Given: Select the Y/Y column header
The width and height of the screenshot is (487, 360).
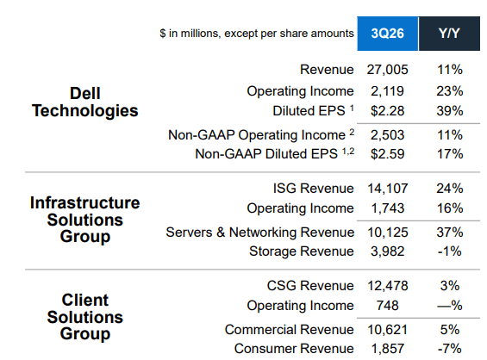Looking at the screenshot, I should pos(448,34).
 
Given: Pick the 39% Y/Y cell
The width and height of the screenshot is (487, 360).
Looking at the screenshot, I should pos(449,111).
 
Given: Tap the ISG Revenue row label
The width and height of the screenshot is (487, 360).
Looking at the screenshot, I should pos(311,188).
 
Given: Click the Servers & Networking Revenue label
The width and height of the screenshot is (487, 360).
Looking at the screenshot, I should pos(259,232).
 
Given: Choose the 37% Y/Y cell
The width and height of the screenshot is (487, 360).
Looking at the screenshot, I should pos(449,232).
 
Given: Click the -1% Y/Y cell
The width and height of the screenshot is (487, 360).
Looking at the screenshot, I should pos(449,251).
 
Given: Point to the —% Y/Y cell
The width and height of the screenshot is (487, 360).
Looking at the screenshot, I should pos(449,306).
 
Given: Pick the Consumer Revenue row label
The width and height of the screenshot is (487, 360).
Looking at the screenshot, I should pos(293,349).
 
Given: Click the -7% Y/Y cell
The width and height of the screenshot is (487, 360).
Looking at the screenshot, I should pos(449,349).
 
